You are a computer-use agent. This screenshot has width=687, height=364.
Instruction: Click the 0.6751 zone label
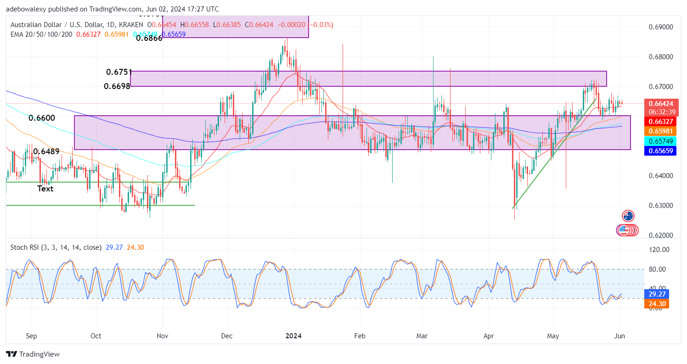(119, 72)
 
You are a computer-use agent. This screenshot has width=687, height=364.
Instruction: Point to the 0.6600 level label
(42, 118)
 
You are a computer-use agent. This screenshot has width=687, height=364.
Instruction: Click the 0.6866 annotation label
(149, 39)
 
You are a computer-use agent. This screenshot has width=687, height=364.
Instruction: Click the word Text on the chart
(45, 189)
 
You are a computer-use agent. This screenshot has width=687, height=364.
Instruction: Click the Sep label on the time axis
(31, 336)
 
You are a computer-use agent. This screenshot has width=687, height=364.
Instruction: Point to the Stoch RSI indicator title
(56, 247)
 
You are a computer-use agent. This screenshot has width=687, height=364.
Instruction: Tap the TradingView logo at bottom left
(33, 354)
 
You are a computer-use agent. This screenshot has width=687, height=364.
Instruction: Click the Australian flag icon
(627, 216)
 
